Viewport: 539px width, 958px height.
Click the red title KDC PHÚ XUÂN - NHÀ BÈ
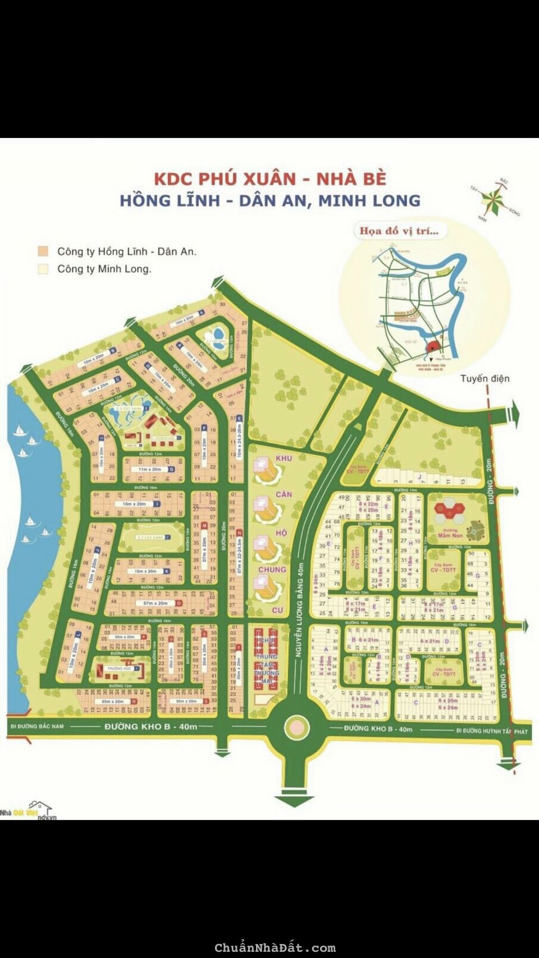pyautogui.click(x=270, y=178)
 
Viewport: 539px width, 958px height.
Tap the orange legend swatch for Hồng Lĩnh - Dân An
pyautogui.click(x=43, y=251)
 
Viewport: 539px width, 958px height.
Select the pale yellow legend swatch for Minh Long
pyautogui.click(x=43, y=269)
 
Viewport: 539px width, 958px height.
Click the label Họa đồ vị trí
pyautogui.click(x=400, y=231)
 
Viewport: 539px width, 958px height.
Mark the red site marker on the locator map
pyautogui.click(x=433, y=346)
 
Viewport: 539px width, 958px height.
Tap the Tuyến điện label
pyautogui.click(x=485, y=378)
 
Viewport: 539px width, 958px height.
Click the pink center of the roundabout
pyautogui.click(x=296, y=728)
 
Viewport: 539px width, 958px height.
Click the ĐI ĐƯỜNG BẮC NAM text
pyautogui.click(x=38, y=726)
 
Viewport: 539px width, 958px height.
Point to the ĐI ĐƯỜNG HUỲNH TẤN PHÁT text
pyautogui.click(x=492, y=731)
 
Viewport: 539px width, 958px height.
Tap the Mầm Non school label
pyautogui.click(x=450, y=535)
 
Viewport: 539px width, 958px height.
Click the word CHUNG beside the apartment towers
pyautogui.click(x=272, y=569)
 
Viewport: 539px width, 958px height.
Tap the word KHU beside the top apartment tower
pyautogui.click(x=284, y=459)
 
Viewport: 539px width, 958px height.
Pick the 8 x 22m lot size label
pyautogui.click(x=368, y=504)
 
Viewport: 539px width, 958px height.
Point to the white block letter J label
pyautogui.click(x=419, y=477)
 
